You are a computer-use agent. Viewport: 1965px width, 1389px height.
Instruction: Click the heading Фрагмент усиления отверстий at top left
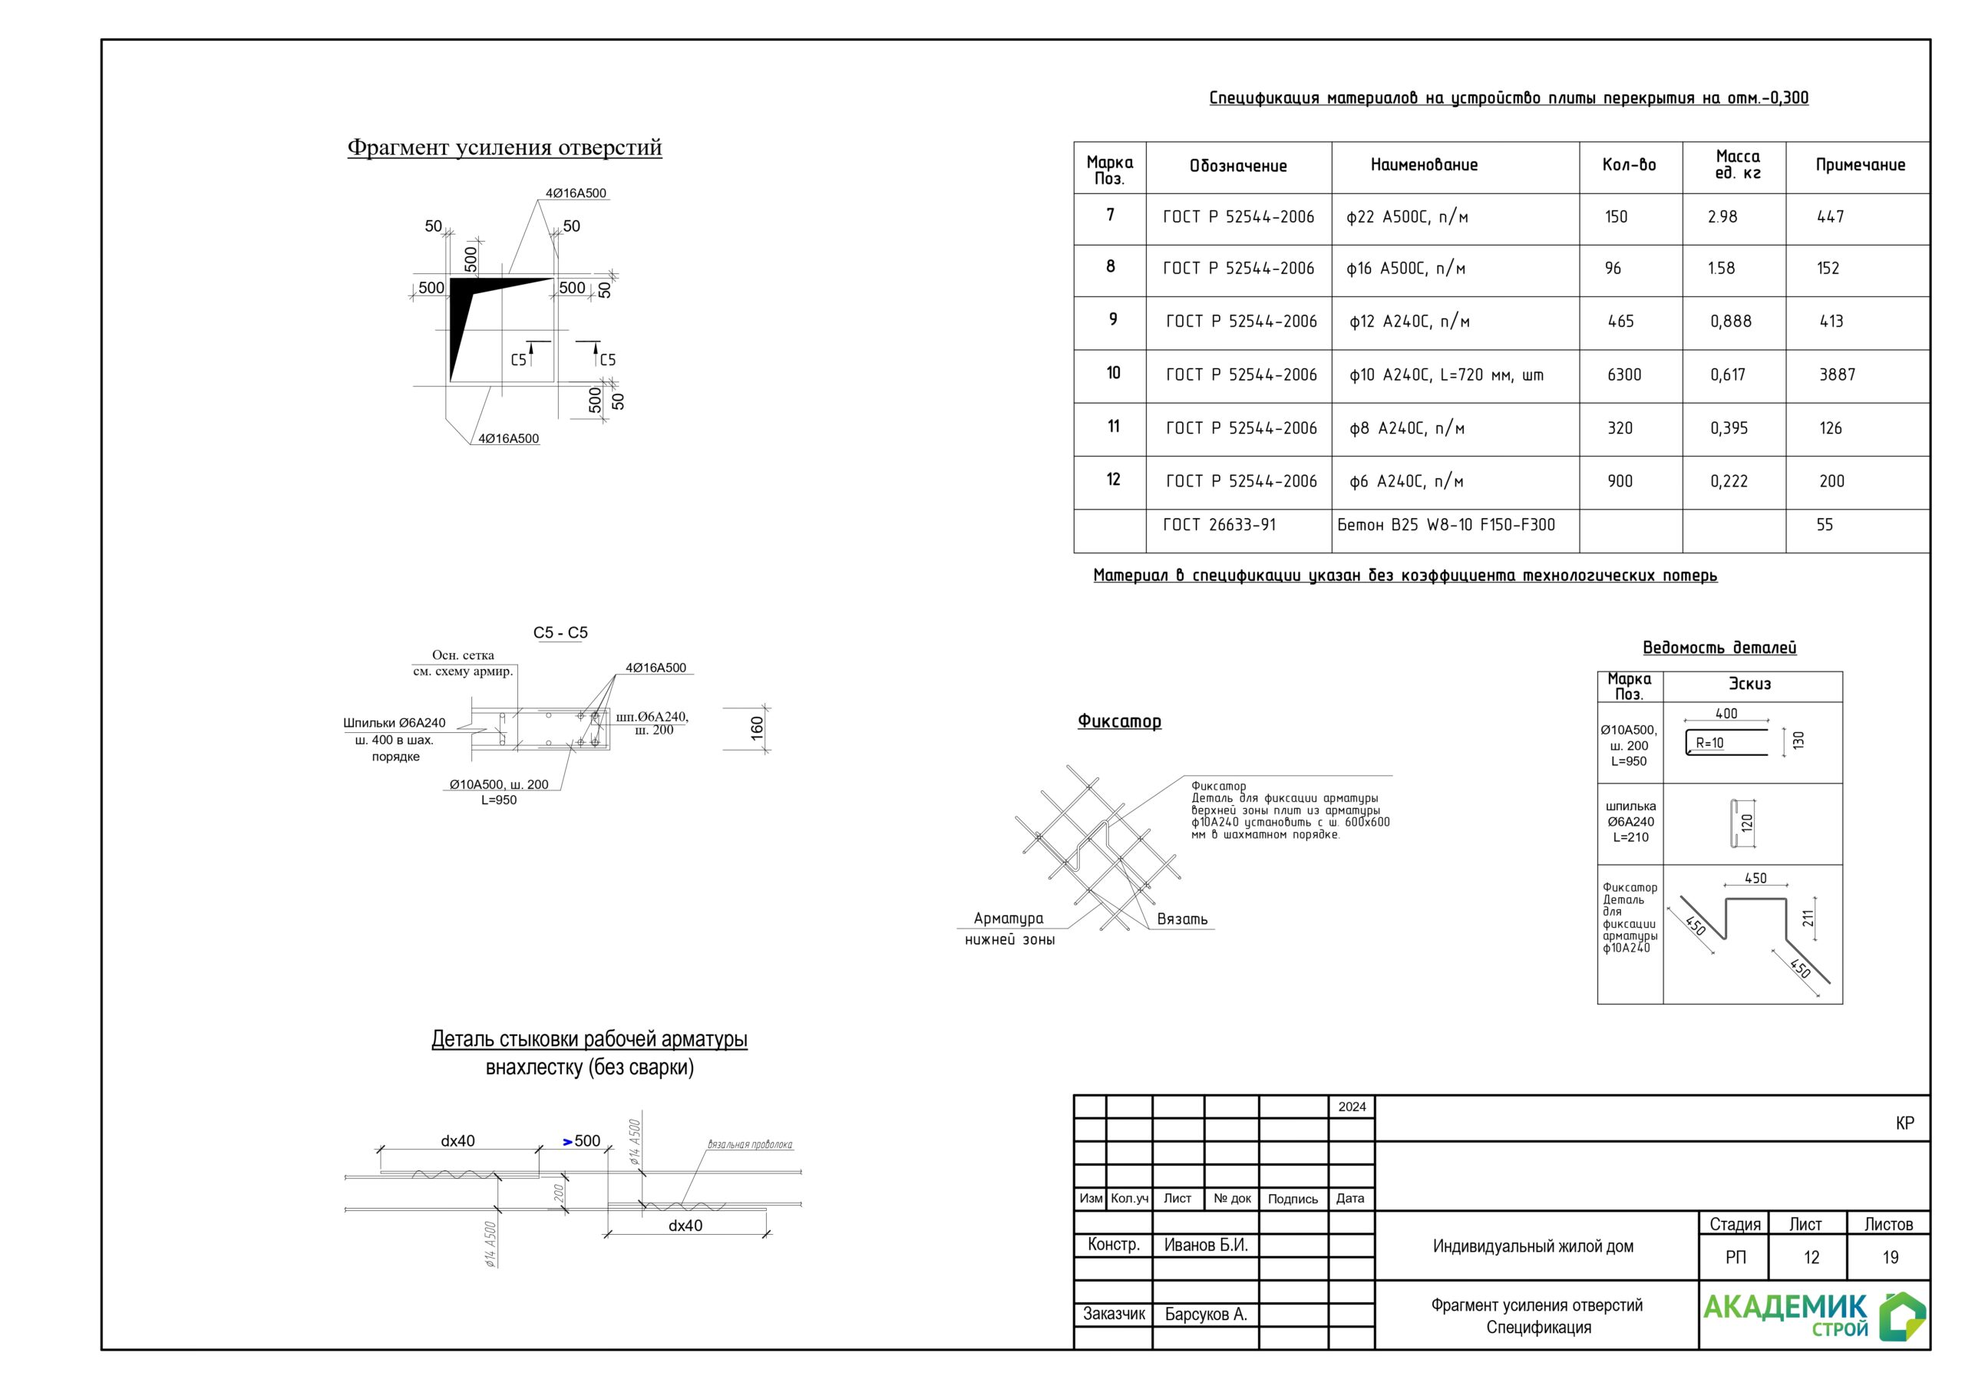pyautogui.click(x=504, y=147)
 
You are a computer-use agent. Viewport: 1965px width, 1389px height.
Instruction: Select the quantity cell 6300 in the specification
pyautogui.click(x=1623, y=374)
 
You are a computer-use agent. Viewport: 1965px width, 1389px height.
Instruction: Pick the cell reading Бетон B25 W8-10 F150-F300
pyautogui.click(x=1445, y=525)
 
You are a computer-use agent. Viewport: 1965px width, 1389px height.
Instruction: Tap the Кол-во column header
pyautogui.click(x=1629, y=165)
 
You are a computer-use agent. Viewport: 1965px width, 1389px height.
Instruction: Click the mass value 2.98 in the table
pyautogui.click(x=1722, y=217)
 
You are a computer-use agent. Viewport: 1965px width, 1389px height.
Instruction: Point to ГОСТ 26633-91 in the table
pyautogui.click(x=1219, y=525)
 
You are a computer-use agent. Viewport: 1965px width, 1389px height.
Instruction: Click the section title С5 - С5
pyautogui.click(x=560, y=632)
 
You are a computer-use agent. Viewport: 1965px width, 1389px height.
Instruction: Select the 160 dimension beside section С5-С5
pyautogui.click(x=757, y=728)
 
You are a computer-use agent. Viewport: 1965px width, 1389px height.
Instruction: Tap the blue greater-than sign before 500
pyautogui.click(x=567, y=1142)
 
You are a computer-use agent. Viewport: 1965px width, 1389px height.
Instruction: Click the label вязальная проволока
pyautogui.click(x=749, y=1144)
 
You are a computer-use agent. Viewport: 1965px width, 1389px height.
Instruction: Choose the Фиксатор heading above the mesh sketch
pyautogui.click(x=1118, y=721)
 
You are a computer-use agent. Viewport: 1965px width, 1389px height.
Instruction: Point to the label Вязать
pyautogui.click(x=1182, y=919)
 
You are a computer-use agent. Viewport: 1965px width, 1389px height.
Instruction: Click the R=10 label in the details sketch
pyautogui.click(x=1709, y=743)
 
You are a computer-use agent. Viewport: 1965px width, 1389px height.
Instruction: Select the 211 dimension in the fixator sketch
pyautogui.click(x=1808, y=919)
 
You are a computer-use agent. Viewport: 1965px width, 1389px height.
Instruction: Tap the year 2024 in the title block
pyautogui.click(x=1352, y=1107)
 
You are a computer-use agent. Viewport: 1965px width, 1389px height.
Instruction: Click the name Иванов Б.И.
pyautogui.click(x=1205, y=1245)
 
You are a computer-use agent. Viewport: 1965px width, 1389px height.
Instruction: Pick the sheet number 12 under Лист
pyautogui.click(x=1811, y=1257)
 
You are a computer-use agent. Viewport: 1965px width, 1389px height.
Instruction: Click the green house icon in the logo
pyautogui.click(x=1901, y=1315)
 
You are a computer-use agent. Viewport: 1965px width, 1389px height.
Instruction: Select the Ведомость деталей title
pyautogui.click(x=1719, y=648)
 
